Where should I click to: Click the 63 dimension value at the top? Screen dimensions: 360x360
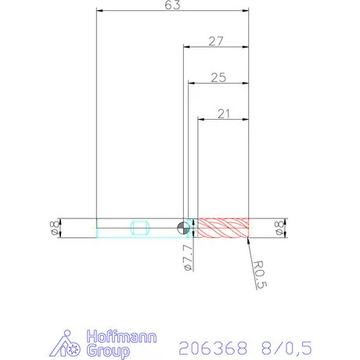pos(173,6)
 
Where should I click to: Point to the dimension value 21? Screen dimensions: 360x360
pos(223,113)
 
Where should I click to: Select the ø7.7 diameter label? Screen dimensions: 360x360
pos(186,257)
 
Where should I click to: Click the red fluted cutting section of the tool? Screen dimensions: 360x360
pos(222,228)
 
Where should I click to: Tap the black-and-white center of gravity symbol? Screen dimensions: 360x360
pos(182,228)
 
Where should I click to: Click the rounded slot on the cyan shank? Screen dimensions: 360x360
pos(141,228)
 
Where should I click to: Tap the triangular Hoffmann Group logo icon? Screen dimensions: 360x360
pos(70,345)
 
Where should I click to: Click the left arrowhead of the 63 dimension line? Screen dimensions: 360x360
pos(99,11)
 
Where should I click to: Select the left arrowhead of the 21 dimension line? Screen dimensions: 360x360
pos(200,119)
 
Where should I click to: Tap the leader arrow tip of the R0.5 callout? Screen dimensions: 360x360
pos(247,238)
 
